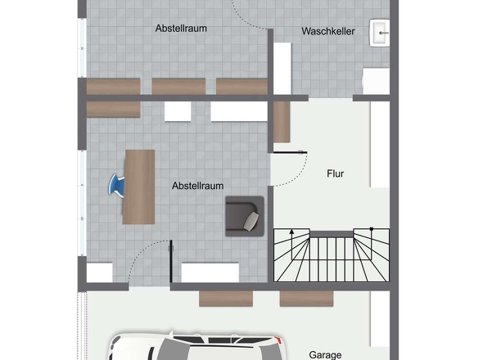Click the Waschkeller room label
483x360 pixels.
click(328, 31)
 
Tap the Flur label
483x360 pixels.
click(335, 173)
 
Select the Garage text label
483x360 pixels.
click(325, 355)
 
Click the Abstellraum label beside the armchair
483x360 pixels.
click(198, 186)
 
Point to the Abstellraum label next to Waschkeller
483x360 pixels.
click(181, 29)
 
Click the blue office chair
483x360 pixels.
click(116, 186)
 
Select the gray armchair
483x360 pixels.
click(245, 216)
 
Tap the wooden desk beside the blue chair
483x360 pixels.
click(138, 187)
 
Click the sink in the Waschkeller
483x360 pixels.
click(380, 33)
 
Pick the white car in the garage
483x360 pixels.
click(197, 346)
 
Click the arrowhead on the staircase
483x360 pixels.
click(291, 232)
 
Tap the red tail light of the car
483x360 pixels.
click(280, 340)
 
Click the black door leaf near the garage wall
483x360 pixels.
click(171, 261)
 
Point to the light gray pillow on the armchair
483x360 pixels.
click(251, 221)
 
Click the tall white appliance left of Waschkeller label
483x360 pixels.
click(282, 69)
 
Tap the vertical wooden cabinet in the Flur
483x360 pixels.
click(282, 122)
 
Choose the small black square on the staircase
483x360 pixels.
click(372, 229)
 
